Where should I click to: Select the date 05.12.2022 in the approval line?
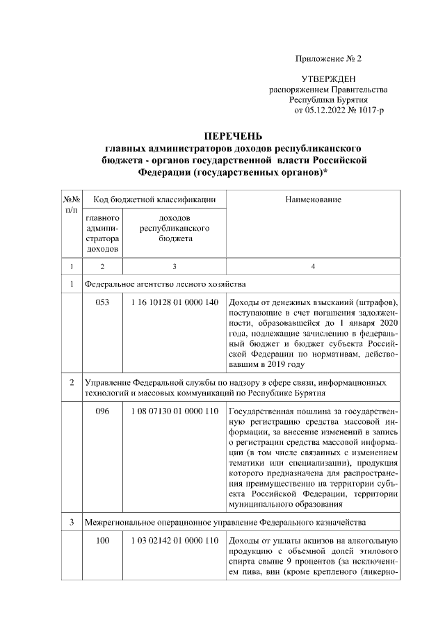pyautogui.click(x=323, y=110)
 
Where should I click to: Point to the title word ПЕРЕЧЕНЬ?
pyautogui.click(x=233, y=136)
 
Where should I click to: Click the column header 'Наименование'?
pyautogui.click(x=313, y=200)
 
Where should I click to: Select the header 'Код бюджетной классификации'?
pyautogui.click(x=154, y=200)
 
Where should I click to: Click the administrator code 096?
pyautogui.click(x=103, y=411)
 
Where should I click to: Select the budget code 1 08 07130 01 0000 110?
pyautogui.click(x=174, y=411)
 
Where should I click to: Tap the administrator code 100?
pyautogui.click(x=103, y=541)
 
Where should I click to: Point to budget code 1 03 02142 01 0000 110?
pyautogui.click(x=174, y=541)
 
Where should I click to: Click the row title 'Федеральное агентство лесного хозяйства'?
pyautogui.click(x=165, y=284)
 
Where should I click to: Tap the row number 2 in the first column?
pyautogui.click(x=72, y=383)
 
